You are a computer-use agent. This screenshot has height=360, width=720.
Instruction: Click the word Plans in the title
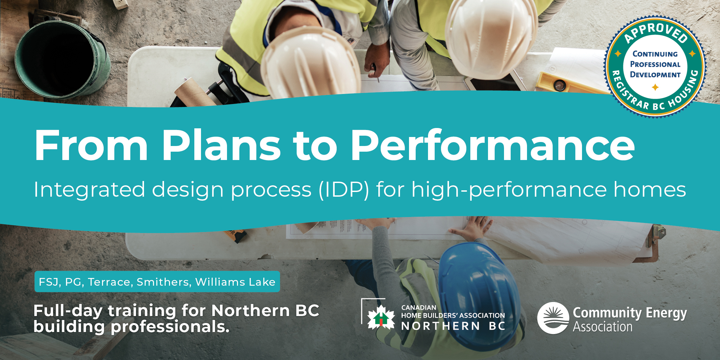(221, 146)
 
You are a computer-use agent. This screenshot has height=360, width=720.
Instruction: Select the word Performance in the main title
(493, 146)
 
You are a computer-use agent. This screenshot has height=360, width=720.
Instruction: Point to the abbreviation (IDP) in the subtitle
(344, 190)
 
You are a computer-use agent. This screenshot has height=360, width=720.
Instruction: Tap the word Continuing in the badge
(655, 54)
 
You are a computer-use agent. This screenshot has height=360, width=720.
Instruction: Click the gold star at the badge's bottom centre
(655, 87)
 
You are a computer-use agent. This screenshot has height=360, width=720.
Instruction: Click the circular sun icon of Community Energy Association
(553, 318)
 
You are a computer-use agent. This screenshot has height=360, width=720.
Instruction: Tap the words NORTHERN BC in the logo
(453, 326)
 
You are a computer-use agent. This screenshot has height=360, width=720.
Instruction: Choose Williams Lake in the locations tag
(235, 282)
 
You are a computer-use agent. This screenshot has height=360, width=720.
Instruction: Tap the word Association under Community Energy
(603, 327)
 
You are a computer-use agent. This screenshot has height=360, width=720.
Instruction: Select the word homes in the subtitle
(650, 189)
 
